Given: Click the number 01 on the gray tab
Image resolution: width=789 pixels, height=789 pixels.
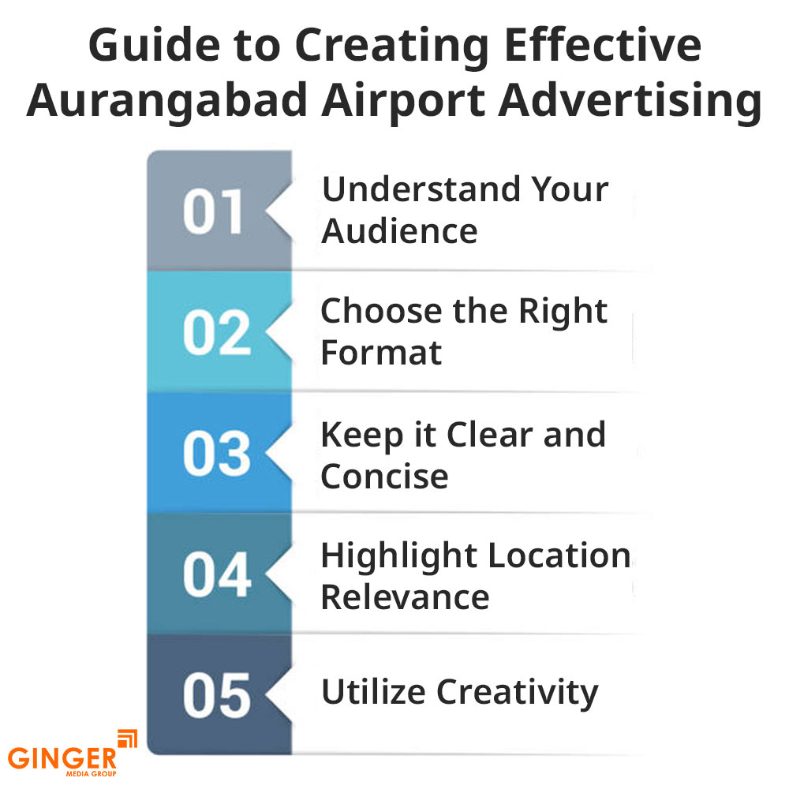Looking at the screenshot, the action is [213, 211].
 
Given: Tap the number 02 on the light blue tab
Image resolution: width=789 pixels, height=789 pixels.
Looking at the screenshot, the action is [217, 333].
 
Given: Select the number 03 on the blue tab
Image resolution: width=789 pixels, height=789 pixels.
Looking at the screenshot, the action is [217, 454].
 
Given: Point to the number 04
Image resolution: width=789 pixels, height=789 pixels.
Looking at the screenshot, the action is [217, 574].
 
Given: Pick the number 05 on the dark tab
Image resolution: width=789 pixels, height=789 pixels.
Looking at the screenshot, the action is [217, 695].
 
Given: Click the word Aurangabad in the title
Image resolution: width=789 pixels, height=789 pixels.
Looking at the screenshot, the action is [166, 102].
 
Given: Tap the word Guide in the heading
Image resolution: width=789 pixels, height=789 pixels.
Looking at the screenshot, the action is [154, 45].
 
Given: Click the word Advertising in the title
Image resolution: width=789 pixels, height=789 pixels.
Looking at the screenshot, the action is [630, 102].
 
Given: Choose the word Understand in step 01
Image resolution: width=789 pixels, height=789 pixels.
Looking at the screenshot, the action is [421, 189].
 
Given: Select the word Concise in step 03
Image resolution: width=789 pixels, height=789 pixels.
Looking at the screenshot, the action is [384, 476].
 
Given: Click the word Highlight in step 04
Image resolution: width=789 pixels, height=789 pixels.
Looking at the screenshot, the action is [399, 557].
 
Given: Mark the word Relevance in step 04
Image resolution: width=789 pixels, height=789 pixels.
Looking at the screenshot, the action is [405, 597].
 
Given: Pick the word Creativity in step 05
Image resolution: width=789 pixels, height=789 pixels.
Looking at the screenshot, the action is [518, 694].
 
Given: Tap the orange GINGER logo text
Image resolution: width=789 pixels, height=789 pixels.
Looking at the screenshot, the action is [62, 757].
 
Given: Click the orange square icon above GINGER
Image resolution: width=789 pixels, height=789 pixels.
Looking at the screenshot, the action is [127, 739].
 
